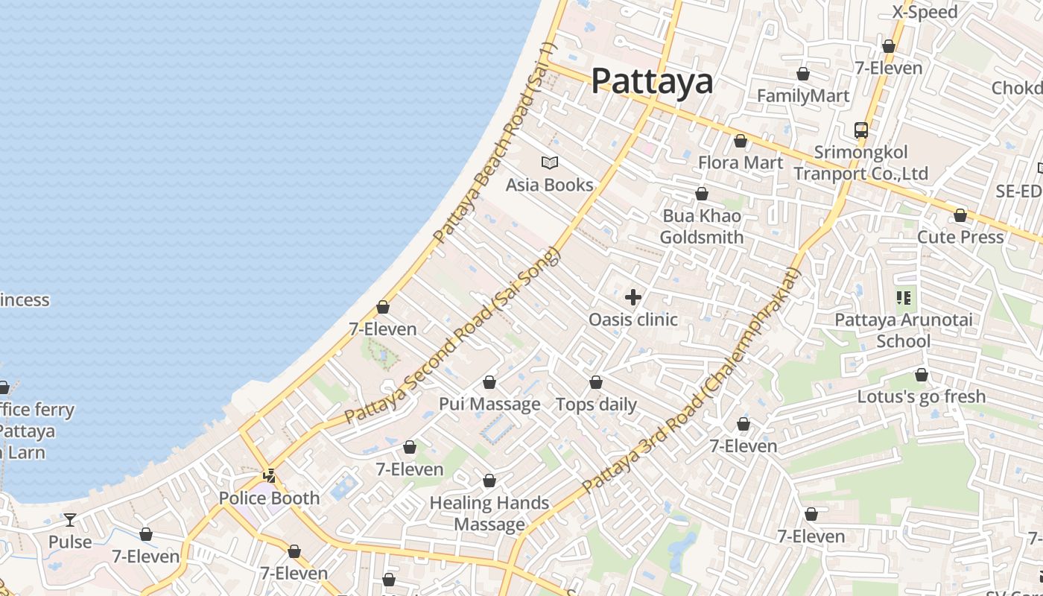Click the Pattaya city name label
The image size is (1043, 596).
pos(652,81)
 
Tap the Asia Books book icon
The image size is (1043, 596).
pos(550,162)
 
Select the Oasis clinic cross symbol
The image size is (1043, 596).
pos(633,297)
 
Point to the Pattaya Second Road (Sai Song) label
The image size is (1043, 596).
pos(452,337)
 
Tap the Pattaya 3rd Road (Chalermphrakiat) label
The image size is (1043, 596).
pos(691,381)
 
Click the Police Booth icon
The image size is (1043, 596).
pos(270,475)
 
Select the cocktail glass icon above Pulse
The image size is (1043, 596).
pos(70,519)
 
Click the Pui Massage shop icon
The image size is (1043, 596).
pos(489,382)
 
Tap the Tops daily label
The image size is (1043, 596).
pos(596,405)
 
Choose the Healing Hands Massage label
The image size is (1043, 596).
pos(489,513)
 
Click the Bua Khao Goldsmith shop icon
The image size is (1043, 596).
pos(702,194)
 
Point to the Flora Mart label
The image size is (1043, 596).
pos(741,162)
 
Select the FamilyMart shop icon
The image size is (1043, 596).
pos(803,74)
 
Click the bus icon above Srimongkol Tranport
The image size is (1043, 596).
pos(861,130)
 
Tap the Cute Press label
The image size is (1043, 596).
pos(960,237)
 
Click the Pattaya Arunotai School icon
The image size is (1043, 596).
pos(904,298)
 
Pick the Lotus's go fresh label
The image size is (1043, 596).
pos(922,396)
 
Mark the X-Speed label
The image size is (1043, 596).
pos(925,12)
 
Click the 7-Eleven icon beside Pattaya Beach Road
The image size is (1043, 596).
pos(383,307)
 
